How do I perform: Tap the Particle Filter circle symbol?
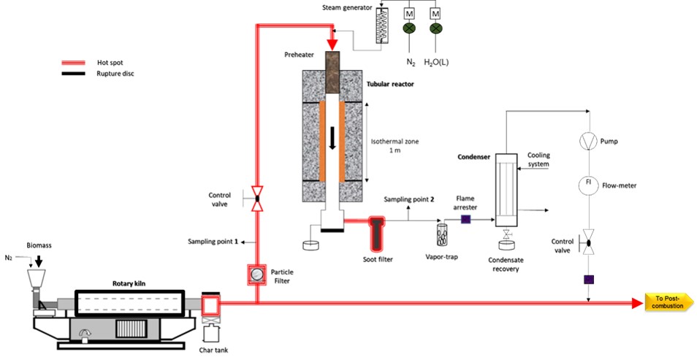pos(257,275)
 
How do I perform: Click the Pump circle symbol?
pos(588,139)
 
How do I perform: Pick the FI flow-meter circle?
pos(588,183)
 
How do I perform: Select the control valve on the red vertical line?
pos(257,198)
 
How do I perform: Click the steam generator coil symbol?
pos(378,28)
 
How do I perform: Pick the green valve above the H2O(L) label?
pos(437,28)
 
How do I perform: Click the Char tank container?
pos(211,334)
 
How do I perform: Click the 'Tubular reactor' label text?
pos(389,84)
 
